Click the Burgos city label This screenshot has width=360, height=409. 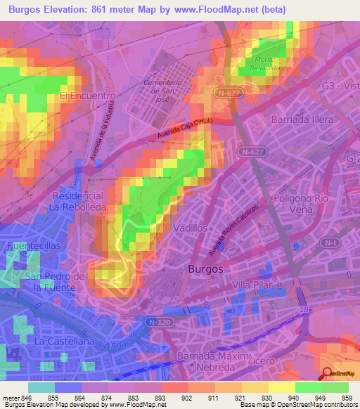[205, 269]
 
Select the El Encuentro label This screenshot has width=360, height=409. [87, 96]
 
